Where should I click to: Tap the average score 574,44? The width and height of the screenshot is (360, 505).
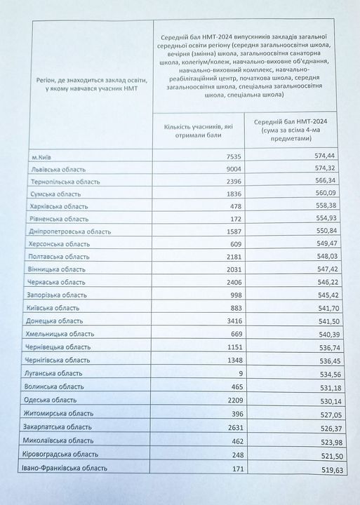(314, 157)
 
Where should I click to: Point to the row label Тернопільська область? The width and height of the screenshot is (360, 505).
(66, 182)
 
